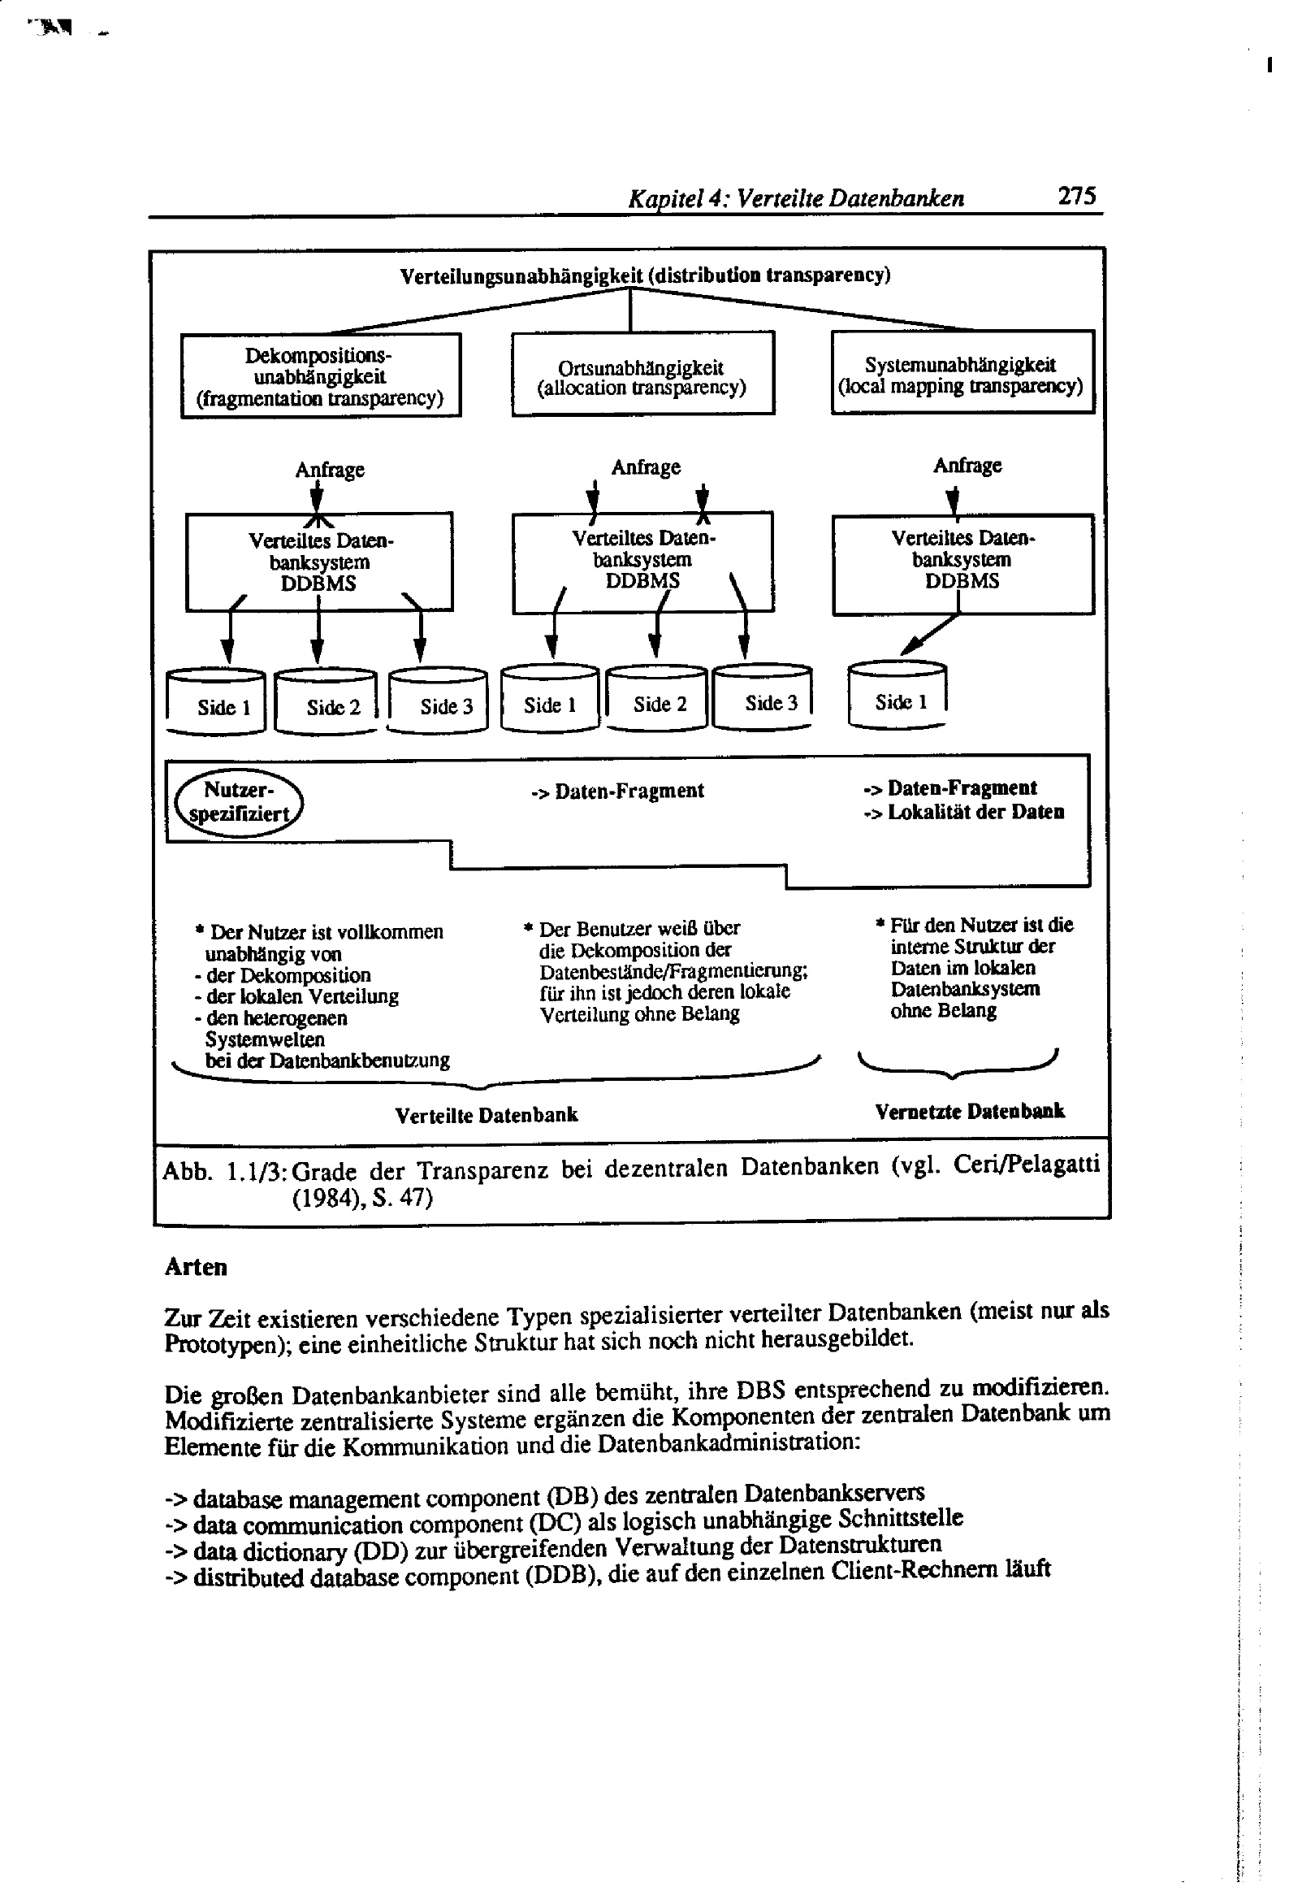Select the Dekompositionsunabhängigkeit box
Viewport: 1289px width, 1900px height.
pos(320,376)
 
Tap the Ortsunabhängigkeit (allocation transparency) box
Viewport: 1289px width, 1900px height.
pos(642,375)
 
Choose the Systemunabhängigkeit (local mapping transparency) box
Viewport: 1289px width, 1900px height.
pos(961,374)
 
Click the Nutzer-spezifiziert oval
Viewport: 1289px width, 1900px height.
pos(239,803)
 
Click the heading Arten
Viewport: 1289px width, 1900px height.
pos(197,1267)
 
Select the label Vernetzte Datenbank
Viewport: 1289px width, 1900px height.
pos(970,1111)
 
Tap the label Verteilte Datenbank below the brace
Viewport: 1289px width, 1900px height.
pos(487,1115)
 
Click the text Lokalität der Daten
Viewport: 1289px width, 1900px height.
pos(975,812)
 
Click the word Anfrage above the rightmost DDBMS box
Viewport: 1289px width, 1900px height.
pos(967,465)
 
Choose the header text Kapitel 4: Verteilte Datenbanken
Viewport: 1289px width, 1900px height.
pos(795,198)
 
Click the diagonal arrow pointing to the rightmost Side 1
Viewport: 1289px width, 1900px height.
pos(930,635)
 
